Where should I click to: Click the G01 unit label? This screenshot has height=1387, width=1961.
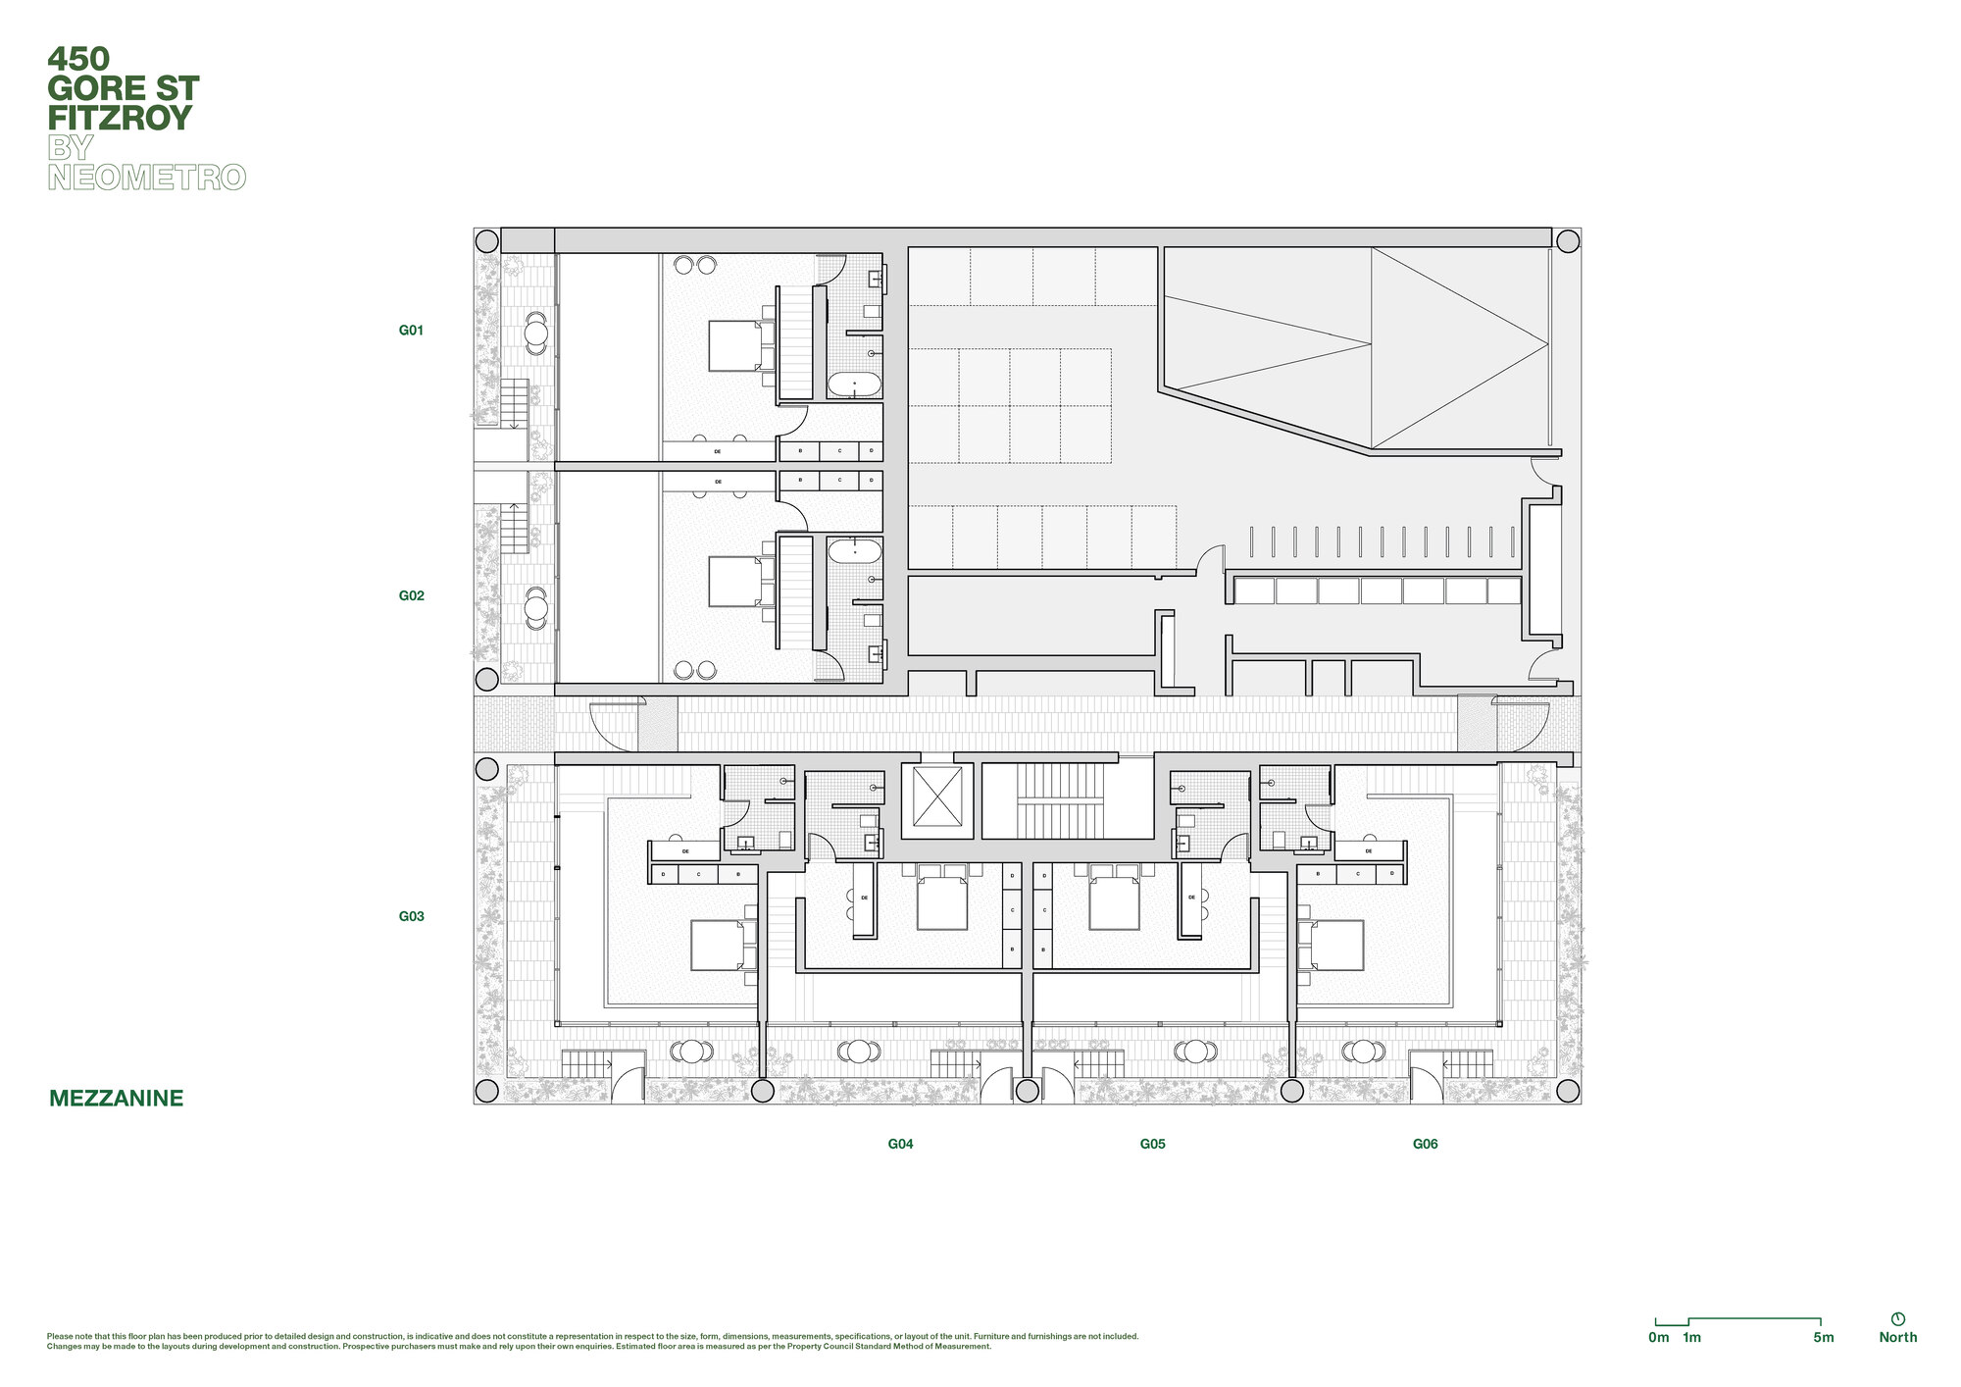[411, 331]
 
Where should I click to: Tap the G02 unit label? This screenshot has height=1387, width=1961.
[411, 595]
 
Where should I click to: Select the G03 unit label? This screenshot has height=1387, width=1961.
[411, 916]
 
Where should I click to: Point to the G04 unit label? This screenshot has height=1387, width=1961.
[900, 1144]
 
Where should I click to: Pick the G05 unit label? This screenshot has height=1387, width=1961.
[1152, 1144]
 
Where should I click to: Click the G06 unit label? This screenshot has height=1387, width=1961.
[1425, 1144]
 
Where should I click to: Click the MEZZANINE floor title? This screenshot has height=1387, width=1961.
[116, 1099]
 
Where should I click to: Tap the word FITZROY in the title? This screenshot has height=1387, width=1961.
[120, 118]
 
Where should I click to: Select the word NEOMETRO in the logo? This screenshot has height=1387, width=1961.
[146, 178]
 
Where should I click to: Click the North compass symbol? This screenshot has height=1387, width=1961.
[1897, 1319]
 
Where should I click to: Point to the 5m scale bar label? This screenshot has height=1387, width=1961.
[1823, 1337]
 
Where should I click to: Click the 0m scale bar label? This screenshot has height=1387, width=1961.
[1658, 1337]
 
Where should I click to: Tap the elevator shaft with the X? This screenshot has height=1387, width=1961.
[936, 796]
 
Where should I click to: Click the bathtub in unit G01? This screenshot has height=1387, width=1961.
[854, 385]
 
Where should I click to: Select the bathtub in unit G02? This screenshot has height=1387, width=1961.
[854, 551]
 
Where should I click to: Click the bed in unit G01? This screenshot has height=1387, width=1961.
[735, 346]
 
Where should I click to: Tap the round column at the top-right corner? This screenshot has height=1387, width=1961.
[1568, 240]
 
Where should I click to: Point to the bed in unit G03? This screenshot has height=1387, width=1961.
[718, 945]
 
